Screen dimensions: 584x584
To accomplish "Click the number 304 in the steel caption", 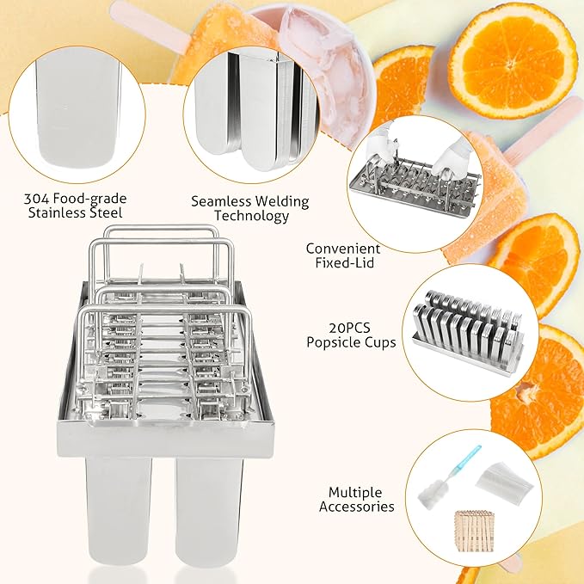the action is point(36,199).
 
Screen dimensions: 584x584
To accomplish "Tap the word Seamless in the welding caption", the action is point(221,201).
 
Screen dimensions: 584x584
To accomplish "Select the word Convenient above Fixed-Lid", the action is point(343,249).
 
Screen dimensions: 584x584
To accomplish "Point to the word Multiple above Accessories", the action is point(355,492).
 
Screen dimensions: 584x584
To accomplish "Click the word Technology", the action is point(251,216).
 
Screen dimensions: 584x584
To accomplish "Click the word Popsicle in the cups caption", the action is point(334,342).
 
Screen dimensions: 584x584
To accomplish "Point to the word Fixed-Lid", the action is point(345,262).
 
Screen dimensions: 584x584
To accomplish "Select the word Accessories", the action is point(356,507).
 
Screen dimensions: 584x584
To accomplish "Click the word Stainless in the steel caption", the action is point(57,213).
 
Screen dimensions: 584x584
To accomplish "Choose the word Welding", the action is point(282,203).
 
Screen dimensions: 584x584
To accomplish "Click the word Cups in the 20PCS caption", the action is point(381,342).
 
